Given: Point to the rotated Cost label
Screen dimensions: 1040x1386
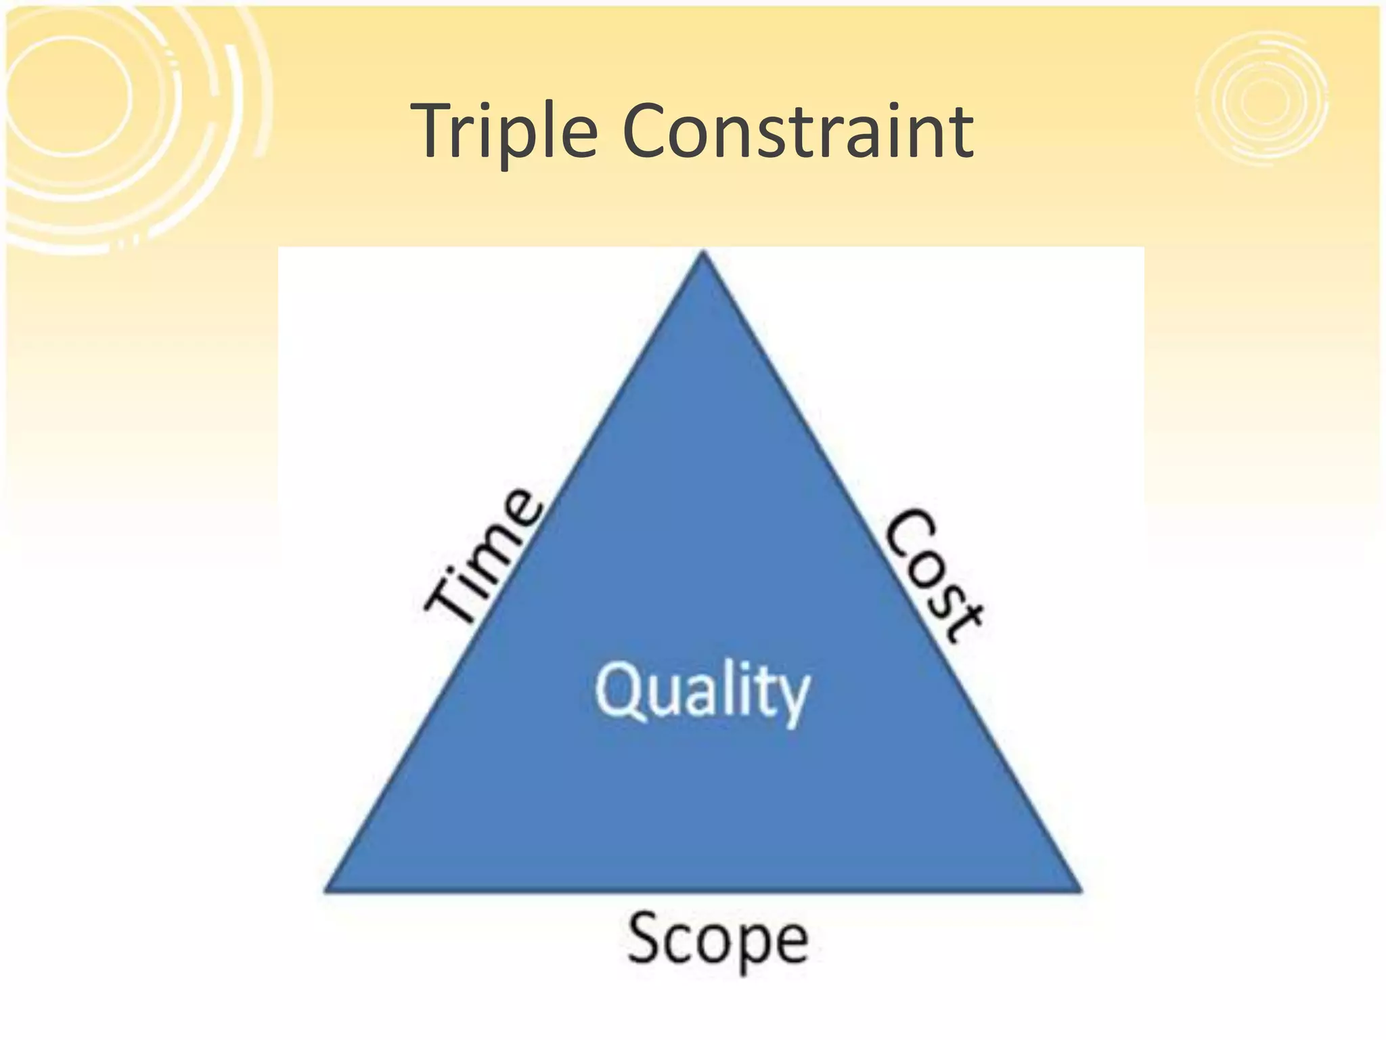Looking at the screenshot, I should [935, 576].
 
